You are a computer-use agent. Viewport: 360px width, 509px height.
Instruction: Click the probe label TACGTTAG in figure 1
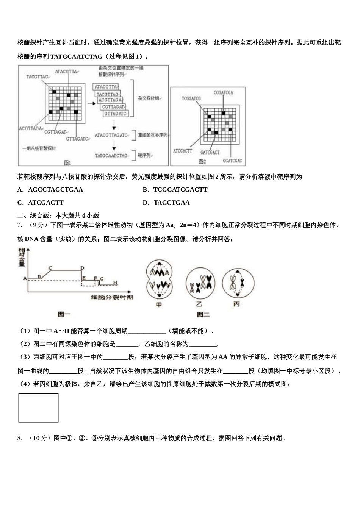pyautogui.click(x=37, y=77)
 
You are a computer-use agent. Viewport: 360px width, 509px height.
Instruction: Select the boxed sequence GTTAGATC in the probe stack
pyautogui.click(x=115, y=114)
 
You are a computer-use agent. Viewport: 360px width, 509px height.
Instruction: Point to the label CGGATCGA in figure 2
pyautogui.click(x=223, y=93)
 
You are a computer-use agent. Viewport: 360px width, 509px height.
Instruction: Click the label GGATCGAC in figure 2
pyautogui.click(x=232, y=161)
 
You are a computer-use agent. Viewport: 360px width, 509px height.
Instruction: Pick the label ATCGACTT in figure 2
pyautogui.click(x=183, y=151)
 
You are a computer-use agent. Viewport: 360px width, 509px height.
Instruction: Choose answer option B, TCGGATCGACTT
pyautogui.click(x=180, y=190)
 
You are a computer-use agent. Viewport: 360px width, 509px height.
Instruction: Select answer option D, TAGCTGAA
pyautogui.click(x=171, y=203)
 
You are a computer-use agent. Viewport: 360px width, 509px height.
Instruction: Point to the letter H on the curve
pyautogui.click(x=115, y=283)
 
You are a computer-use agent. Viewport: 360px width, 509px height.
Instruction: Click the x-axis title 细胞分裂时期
pyautogui.click(x=113, y=297)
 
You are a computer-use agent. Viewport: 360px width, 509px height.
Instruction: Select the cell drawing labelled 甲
pyautogui.click(x=159, y=280)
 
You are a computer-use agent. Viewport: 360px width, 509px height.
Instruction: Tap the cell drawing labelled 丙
pyautogui.click(x=238, y=283)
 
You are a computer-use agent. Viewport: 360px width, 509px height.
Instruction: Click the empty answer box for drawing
pyautogui.click(x=38, y=408)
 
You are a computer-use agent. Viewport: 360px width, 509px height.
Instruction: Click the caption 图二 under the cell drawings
pyautogui.click(x=203, y=314)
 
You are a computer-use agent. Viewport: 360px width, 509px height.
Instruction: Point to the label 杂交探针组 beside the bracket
pyautogui.click(x=148, y=98)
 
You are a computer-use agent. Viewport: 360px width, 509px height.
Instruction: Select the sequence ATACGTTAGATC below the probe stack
pyautogui.click(x=111, y=135)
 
